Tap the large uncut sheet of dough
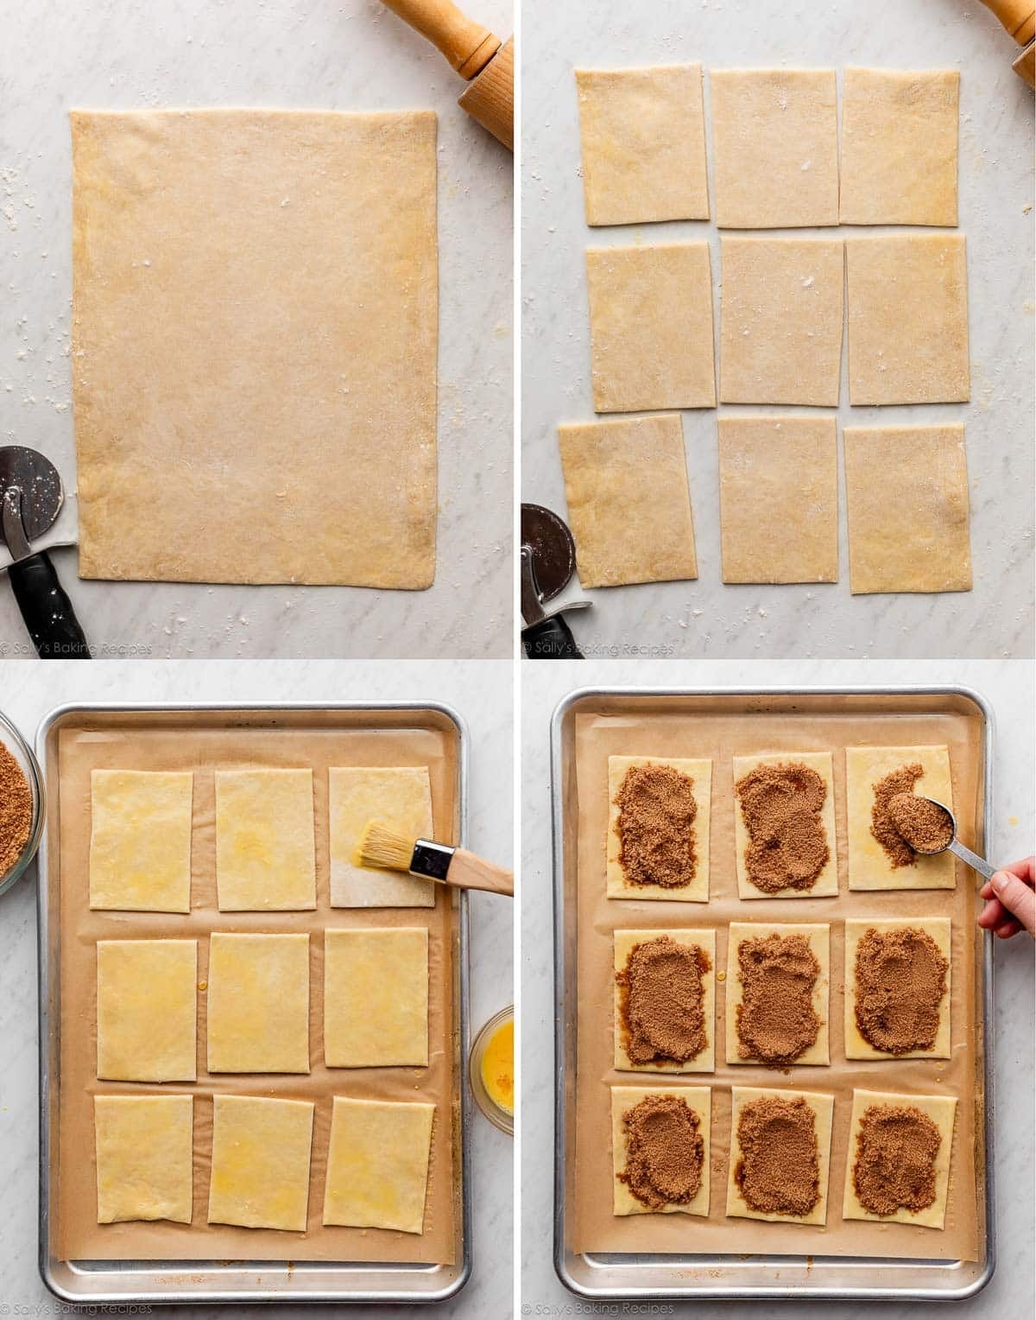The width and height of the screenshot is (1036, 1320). (x=255, y=346)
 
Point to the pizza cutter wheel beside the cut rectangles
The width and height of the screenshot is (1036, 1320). (x=546, y=553)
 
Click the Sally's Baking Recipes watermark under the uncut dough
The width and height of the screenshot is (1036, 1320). (x=78, y=648)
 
